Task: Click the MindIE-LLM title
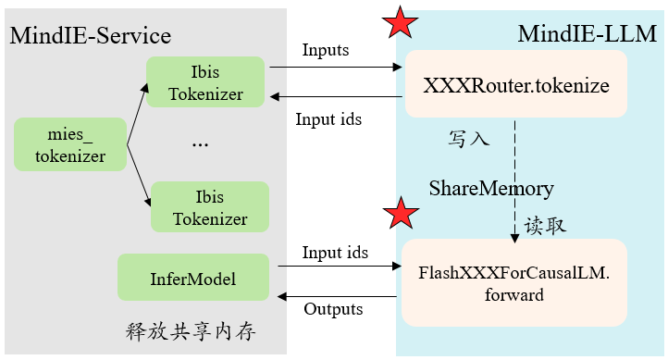[587, 35]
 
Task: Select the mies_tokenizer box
[69, 144]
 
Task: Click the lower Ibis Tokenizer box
[209, 206]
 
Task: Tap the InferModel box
[192, 278]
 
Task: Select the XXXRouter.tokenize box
[515, 85]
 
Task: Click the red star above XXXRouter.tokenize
[400, 23]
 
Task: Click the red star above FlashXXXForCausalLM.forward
[400, 214]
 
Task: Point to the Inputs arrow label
[326, 50]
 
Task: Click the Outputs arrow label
[333, 309]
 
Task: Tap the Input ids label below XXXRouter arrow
[328, 118]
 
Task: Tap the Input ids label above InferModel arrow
[335, 253]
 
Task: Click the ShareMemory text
[490, 189]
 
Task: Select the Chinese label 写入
[469, 140]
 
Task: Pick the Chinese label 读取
[545, 226]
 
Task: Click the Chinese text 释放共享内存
[190, 331]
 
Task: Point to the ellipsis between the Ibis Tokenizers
[200, 144]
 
